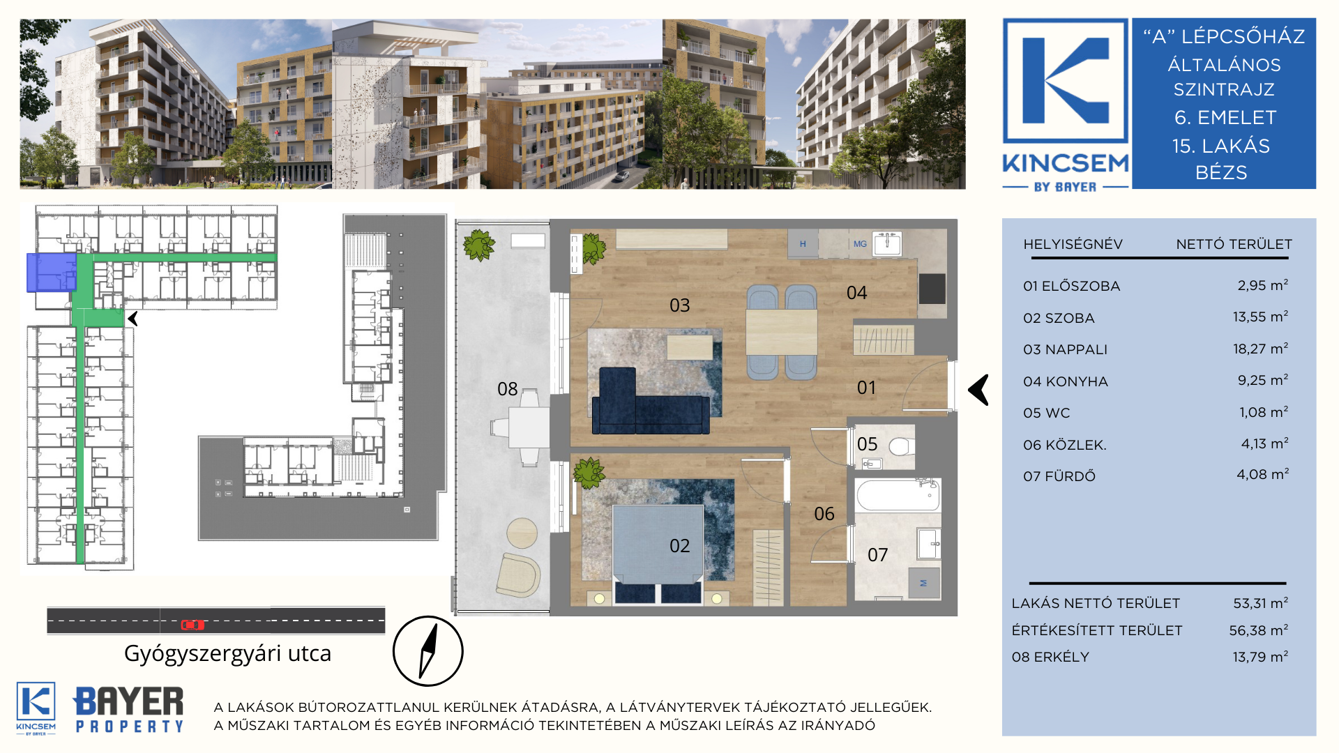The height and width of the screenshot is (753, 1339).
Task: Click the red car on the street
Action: (192, 625)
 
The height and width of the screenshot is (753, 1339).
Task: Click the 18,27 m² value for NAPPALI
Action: (1260, 349)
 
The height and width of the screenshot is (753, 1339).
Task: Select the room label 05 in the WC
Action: (867, 444)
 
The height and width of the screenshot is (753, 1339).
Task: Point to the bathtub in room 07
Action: (897, 496)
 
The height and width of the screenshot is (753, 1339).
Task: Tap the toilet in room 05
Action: (902, 446)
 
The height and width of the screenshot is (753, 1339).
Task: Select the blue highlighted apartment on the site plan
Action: (51, 272)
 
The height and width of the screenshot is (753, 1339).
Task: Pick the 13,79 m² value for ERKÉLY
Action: (1260, 657)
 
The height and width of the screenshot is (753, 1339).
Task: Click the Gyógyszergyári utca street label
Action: (227, 654)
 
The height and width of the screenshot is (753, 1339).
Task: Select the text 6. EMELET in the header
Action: (1225, 117)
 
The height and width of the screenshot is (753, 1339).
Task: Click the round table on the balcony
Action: (522, 533)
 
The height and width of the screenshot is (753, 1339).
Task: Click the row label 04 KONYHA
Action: (1066, 381)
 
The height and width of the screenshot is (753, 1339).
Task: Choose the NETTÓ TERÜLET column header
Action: (1234, 244)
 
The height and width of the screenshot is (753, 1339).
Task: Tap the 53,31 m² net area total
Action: (1260, 603)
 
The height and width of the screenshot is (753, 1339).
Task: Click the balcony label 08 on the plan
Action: (507, 389)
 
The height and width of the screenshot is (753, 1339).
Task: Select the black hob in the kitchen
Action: (932, 289)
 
